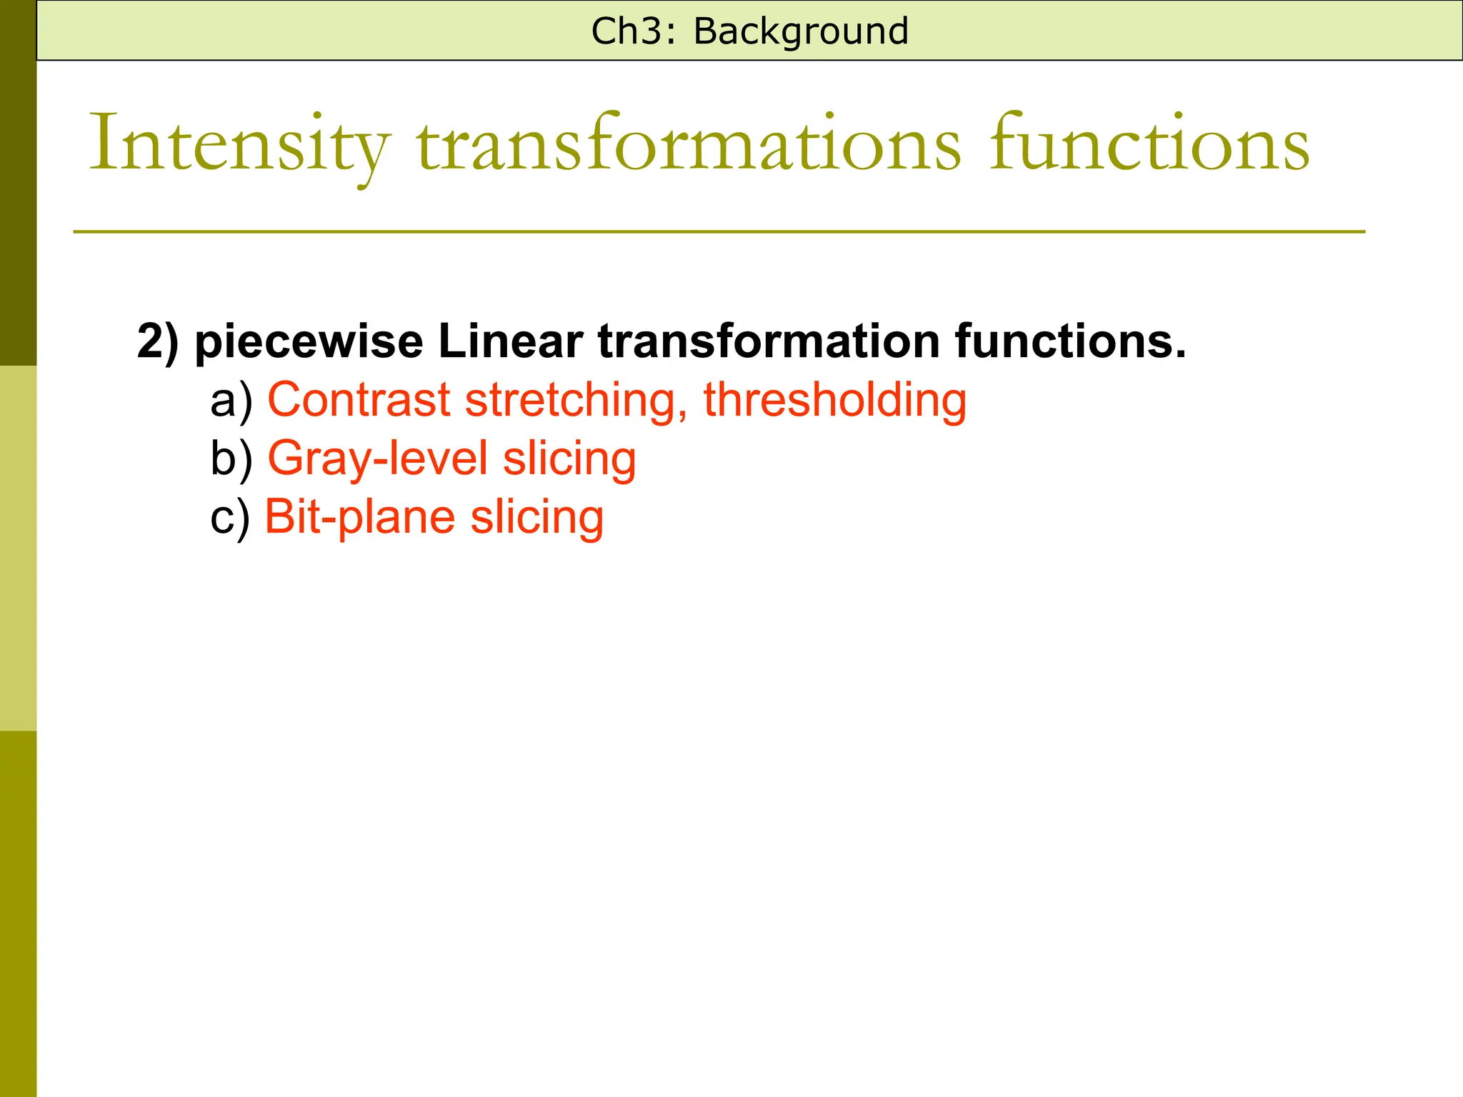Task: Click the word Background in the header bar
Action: coord(801,32)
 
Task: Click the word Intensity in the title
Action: coord(240,146)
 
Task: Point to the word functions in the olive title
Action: coord(1149,146)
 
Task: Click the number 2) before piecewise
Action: coord(158,341)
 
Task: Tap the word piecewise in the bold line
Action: coord(309,341)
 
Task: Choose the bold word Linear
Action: coord(510,341)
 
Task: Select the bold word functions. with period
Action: coord(1071,341)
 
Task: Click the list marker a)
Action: coord(231,400)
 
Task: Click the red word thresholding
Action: coord(835,400)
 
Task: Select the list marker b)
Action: coord(231,459)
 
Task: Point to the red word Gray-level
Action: coord(378,459)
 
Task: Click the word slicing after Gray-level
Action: coord(569,459)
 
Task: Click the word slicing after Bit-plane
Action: coord(537,517)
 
